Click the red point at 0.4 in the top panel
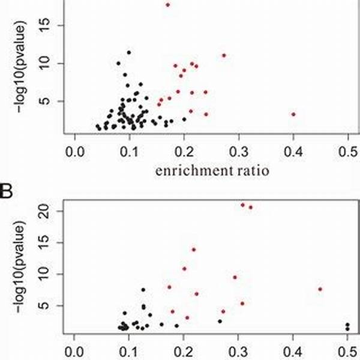[293, 114]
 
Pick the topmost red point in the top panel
[168, 5]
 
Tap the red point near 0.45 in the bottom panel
[320, 289]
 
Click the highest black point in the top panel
[128, 52]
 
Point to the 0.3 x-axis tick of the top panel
[239, 149]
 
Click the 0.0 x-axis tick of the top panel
[74, 149]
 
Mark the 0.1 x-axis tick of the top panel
[129, 149]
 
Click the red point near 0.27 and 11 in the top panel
[224, 55]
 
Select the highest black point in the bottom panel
[143, 290]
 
